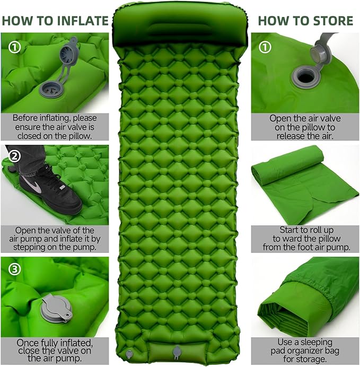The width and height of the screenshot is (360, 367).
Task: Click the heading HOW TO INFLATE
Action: pos(55,21)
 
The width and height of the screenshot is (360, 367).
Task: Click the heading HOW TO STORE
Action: pos(305,21)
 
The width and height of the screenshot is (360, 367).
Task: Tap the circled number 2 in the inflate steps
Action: pos(14,156)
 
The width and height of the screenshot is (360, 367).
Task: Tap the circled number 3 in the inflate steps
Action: pos(14,269)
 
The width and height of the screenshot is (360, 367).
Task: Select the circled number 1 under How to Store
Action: pos(265,47)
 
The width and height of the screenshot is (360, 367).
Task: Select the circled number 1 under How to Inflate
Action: pos(14,47)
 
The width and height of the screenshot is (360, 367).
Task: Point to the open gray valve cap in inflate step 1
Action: pos(68,53)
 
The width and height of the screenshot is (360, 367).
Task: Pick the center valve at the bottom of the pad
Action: pos(177,352)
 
